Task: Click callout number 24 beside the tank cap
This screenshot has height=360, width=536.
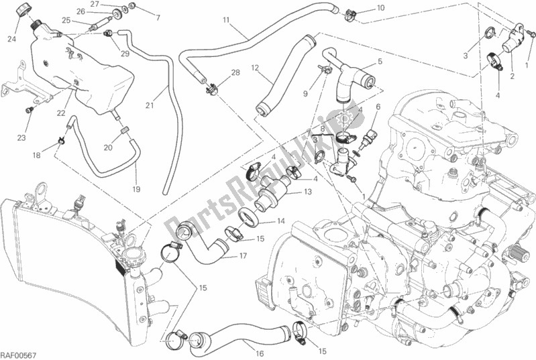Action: point(12,38)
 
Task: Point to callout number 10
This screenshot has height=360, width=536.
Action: point(380,8)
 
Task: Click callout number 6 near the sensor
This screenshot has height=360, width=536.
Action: point(378,107)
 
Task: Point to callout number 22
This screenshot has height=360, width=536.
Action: point(61,112)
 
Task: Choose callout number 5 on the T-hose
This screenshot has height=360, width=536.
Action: point(379,62)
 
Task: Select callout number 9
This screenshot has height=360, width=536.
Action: point(305,94)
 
